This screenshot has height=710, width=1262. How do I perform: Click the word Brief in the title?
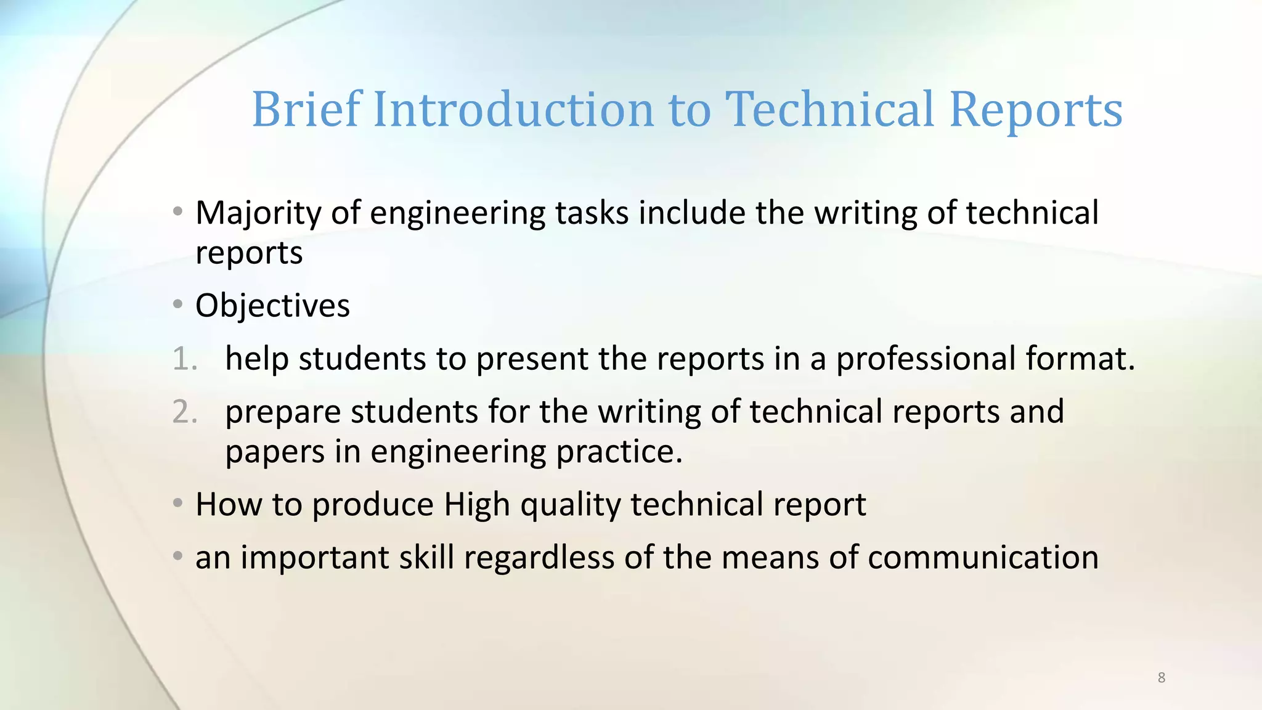tap(306, 109)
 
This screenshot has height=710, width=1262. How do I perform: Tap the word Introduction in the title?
tap(513, 109)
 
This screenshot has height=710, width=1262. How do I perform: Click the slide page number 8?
tap(1162, 677)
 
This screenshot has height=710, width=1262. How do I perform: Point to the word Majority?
tap(258, 214)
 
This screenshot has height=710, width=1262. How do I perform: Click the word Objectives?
tap(272, 306)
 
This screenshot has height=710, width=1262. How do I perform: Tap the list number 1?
tap(184, 359)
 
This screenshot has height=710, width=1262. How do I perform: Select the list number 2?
tap(184, 412)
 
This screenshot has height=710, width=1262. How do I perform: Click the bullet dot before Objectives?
tap(178, 304)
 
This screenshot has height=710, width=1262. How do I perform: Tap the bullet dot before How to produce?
tap(178, 504)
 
